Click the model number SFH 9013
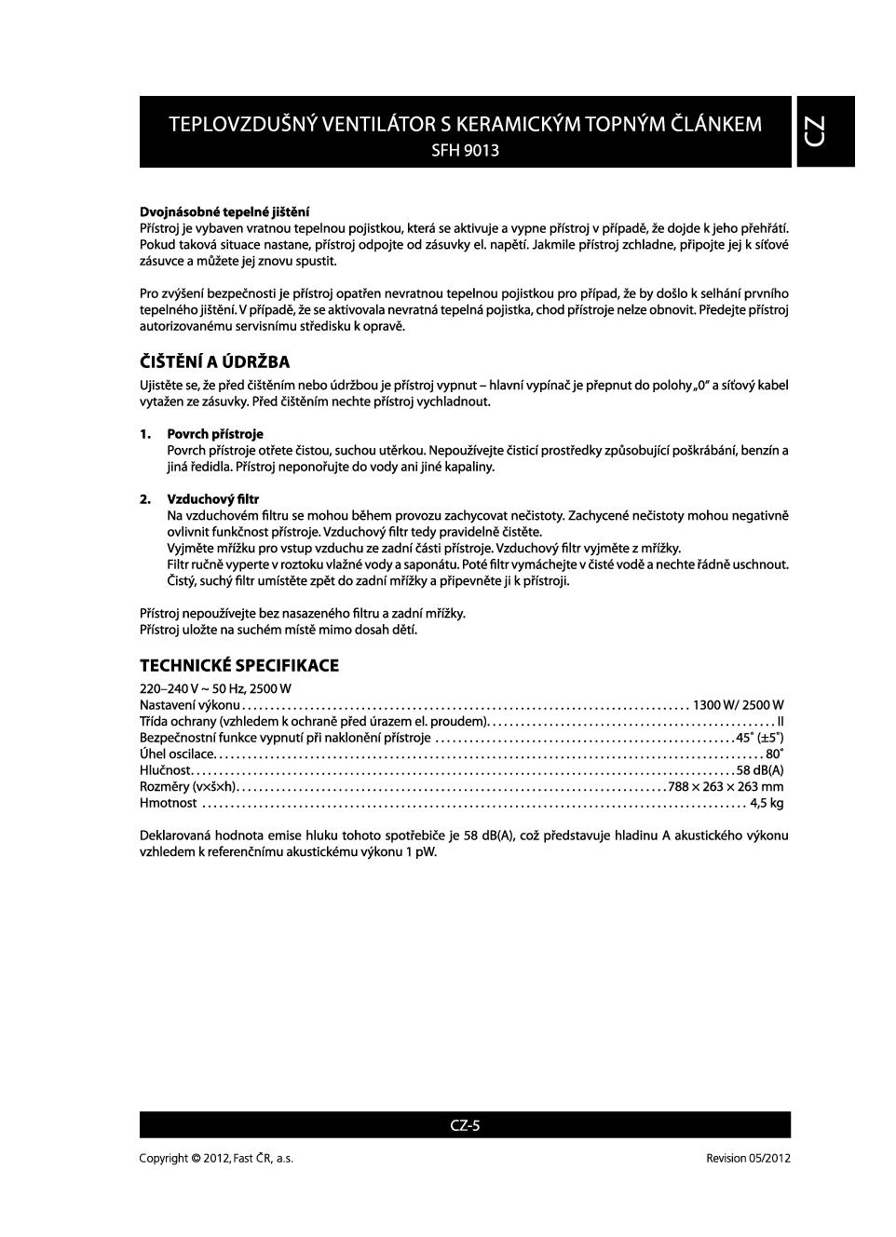coord(465,150)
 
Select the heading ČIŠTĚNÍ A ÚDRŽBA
coord(214,362)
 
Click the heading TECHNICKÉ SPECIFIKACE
coord(238,665)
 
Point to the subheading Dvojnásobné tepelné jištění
coord(224,211)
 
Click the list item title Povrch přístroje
coord(215,434)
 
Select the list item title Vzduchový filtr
coord(212,499)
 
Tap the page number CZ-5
coord(465,1125)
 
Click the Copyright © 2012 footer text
coord(216,1158)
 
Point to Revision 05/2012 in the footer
coord(748,1158)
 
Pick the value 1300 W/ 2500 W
coord(738,705)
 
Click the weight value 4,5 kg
coord(767,803)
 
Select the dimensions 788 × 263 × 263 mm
coord(726,787)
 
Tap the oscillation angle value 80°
coord(774,754)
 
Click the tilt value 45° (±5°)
coord(759,738)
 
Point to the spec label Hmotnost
coord(169,803)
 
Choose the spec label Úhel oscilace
coord(177,754)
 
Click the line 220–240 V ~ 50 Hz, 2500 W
coord(215,688)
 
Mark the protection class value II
coord(781,722)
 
